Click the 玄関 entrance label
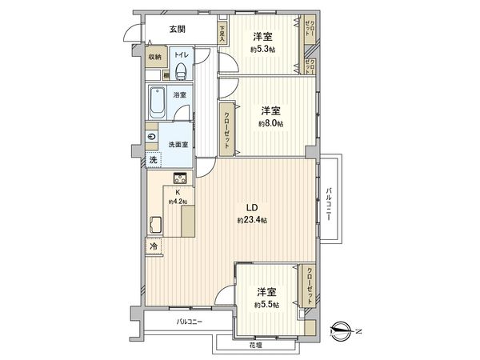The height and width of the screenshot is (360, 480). (x=178, y=30)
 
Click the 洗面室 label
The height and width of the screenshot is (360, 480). (x=178, y=144)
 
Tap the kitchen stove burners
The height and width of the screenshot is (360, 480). (x=180, y=178)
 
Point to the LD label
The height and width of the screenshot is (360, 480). (x=251, y=206)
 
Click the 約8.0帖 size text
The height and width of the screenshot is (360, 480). (x=271, y=123)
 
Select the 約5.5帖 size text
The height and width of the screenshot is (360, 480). (x=266, y=305)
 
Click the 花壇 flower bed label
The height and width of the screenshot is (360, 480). (x=255, y=345)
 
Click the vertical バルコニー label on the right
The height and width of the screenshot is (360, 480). (x=329, y=203)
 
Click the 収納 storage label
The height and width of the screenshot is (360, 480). (x=155, y=56)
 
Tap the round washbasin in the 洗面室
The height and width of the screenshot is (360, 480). (x=151, y=137)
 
